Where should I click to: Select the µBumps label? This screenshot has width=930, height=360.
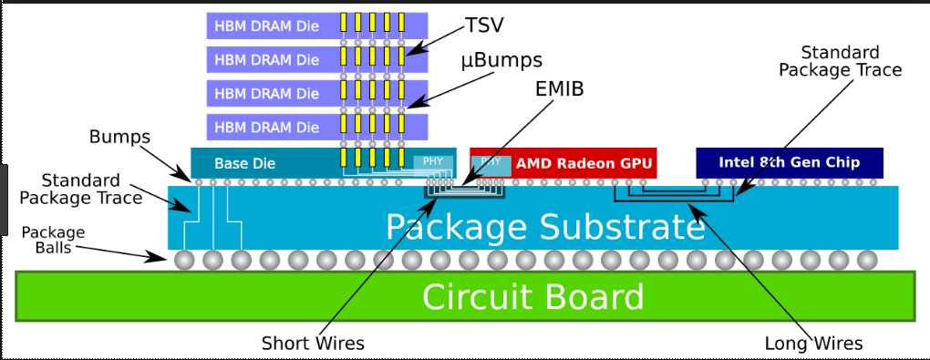501,60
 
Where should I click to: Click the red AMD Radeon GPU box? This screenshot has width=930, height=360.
563,162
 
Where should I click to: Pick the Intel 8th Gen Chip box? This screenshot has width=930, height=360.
790,162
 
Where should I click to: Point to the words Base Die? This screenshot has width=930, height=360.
245,163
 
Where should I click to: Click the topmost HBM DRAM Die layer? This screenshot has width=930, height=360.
317,26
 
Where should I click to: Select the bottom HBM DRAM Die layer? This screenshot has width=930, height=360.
317,127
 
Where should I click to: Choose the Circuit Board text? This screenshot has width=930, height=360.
532,296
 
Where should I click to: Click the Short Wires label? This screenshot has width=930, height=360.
313,343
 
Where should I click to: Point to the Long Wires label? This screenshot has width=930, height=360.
813,344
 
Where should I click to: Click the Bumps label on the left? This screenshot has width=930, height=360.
119,137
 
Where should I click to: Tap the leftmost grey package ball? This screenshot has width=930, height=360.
184,259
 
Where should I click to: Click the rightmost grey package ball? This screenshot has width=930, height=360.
867,259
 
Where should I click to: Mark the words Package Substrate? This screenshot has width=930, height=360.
545,227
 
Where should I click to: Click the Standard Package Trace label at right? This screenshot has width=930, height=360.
840,61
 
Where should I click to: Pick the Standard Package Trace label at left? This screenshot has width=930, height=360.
80,189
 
